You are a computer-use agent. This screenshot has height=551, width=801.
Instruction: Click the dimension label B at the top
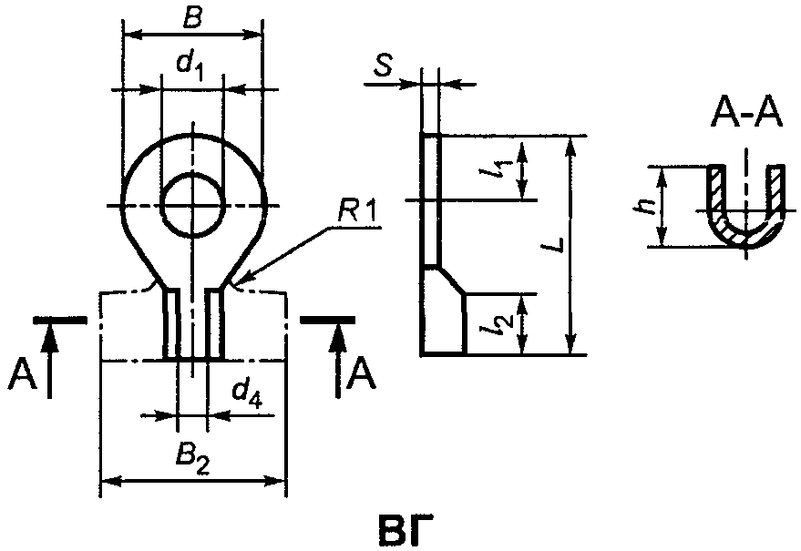(x=192, y=18)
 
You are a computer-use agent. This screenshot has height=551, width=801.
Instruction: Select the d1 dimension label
(x=190, y=66)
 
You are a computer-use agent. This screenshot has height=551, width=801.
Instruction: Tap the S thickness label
(x=383, y=66)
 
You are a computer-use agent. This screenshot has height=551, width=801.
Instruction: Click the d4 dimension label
(x=247, y=394)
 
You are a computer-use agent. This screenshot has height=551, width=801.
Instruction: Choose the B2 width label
(x=192, y=461)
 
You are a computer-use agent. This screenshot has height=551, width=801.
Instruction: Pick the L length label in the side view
(x=553, y=244)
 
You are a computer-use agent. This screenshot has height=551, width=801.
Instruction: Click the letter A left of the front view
(x=23, y=377)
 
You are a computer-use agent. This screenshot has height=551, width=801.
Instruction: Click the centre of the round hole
(x=192, y=205)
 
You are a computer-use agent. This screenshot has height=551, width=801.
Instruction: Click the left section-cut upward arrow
(x=49, y=360)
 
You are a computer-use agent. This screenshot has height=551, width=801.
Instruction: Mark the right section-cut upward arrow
(x=337, y=360)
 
